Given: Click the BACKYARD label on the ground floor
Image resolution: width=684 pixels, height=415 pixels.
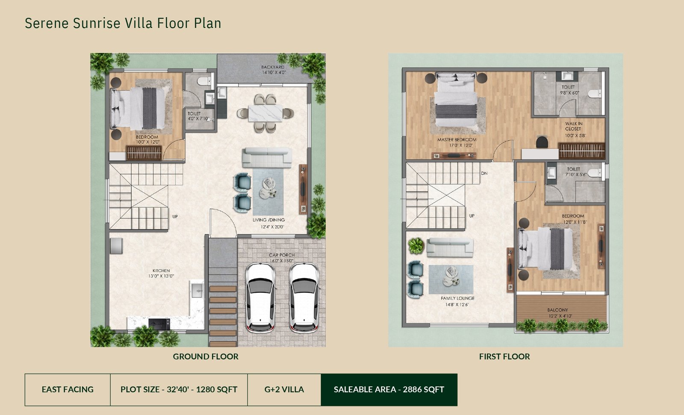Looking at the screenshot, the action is tap(273, 67).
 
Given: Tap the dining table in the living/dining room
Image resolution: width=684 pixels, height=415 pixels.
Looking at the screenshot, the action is tap(265, 113).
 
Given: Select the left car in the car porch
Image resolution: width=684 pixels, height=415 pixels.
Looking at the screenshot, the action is tap(260, 298).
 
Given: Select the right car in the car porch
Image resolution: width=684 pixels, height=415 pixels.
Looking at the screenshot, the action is tap(304, 298).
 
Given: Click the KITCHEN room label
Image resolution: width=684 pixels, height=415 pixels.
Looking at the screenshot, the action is tap(161, 271).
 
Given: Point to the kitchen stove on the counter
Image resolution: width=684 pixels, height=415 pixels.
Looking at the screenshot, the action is tap(159, 324).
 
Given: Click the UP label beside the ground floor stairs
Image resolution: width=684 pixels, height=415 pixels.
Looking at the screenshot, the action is tap(175, 217).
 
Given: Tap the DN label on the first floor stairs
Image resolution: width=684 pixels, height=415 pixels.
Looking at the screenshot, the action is tap(484, 174).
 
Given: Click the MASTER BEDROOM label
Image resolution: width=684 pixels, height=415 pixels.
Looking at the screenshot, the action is tap(457, 140).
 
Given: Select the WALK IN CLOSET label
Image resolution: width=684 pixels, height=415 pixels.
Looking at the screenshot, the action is tap(574, 127).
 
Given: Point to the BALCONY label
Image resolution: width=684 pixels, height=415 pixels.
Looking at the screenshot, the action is tap(557, 310).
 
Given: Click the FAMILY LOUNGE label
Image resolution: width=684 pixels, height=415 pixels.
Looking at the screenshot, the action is tap(457, 298).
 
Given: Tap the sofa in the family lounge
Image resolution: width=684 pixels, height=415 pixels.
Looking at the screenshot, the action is tap(450, 247).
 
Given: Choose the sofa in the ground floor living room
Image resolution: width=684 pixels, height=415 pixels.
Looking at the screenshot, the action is tap(267, 158).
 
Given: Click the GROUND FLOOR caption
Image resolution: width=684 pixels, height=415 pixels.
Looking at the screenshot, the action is tap(206, 356).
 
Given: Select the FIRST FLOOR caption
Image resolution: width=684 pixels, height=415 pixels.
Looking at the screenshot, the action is tap(504, 356).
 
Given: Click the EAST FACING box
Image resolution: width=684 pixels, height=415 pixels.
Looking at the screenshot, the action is tap(68, 390).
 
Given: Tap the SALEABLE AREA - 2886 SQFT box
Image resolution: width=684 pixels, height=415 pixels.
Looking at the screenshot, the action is tap(389, 390).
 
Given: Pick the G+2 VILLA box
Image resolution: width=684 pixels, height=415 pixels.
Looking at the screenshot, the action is tap(284, 390).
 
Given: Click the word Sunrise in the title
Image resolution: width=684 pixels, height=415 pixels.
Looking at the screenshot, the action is tap(97, 23).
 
